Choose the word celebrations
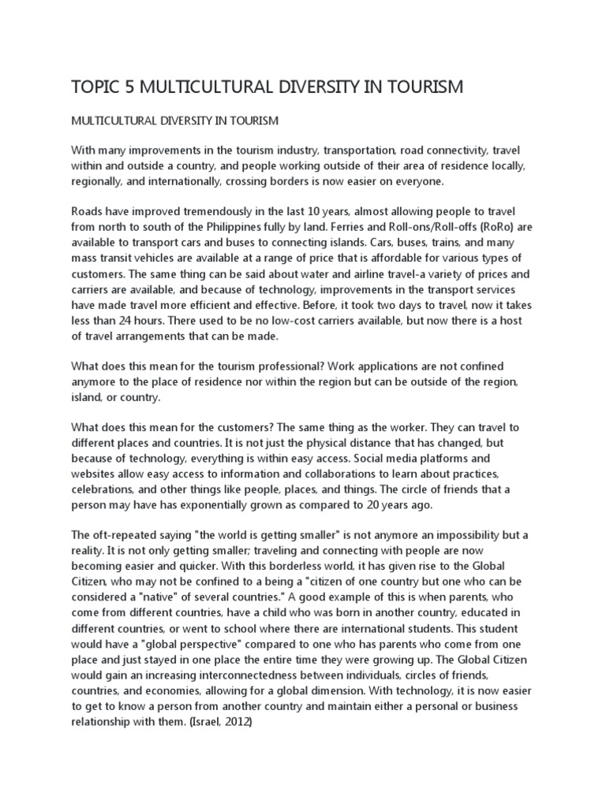pos(107,488)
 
